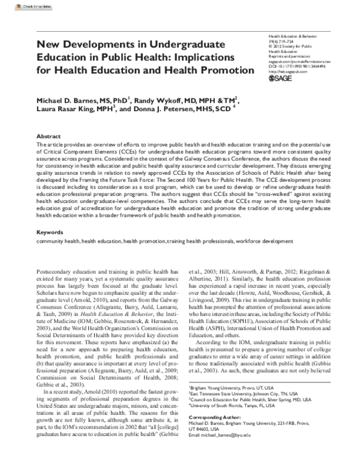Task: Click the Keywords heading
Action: (50, 231)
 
